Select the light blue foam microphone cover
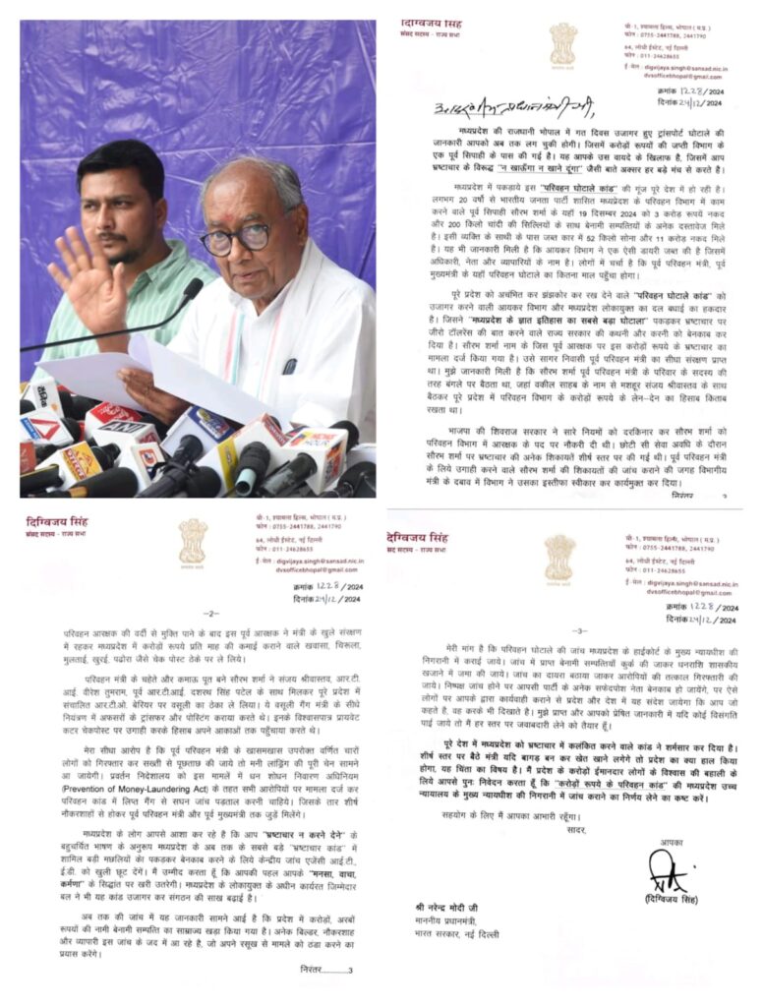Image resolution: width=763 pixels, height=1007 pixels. [x=324, y=461]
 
